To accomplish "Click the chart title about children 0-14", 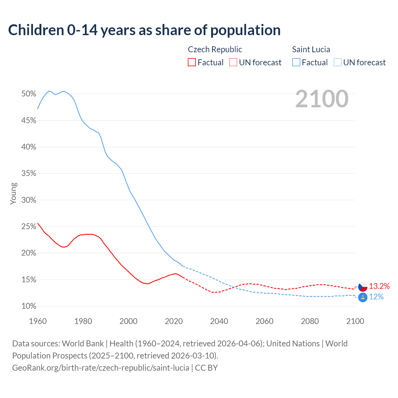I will (x=144, y=30).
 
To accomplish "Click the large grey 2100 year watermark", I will (x=322, y=99).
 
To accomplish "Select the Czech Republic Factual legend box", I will (x=192, y=62).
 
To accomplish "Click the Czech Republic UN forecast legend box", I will (x=233, y=62).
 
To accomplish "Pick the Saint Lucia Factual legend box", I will (x=296, y=62).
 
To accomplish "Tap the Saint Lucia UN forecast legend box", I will (x=338, y=62).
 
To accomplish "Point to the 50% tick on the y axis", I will (x=29, y=94).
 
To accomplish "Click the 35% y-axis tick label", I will (x=29, y=174).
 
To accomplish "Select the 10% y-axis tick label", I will (x=29, y=306).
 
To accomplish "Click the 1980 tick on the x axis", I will (x=83, y=321).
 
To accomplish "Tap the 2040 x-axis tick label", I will (x=219, y=321).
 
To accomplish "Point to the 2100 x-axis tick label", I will (x=355, y=321).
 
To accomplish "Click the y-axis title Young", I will (x=13, y=193).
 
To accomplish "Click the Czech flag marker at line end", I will (x=363, y=287).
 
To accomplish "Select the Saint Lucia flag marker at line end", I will (x=363, y=297).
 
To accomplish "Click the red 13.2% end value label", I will (x=379, y=286).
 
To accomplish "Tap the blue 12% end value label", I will (x=376, y=297).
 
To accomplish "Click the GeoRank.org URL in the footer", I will (x=101, y=368).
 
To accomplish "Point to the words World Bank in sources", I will (x=83, y=344).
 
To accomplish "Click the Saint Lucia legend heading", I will (x=311, y=49).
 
